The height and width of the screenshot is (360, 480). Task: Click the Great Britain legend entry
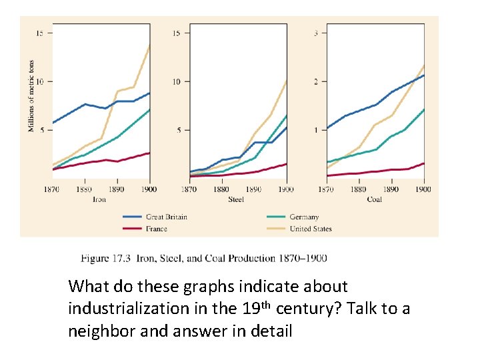166,217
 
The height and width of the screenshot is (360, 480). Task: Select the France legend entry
157,229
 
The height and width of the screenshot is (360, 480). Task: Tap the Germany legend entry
304,217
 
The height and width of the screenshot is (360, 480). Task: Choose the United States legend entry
310,229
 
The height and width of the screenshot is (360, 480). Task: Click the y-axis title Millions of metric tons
31,95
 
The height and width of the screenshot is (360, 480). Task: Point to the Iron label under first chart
99,199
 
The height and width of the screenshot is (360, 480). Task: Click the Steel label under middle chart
236,199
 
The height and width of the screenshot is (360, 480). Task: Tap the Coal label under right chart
374,199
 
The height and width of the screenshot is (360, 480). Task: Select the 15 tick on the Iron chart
40,33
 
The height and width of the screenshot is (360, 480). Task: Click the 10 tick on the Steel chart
177,81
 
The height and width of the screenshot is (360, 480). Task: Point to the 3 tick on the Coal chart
316,33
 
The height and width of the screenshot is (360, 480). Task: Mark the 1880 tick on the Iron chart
85,189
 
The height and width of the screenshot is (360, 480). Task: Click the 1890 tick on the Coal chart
391,189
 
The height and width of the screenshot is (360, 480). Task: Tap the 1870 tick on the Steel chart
190,189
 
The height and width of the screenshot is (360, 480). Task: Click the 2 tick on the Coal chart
316,81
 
